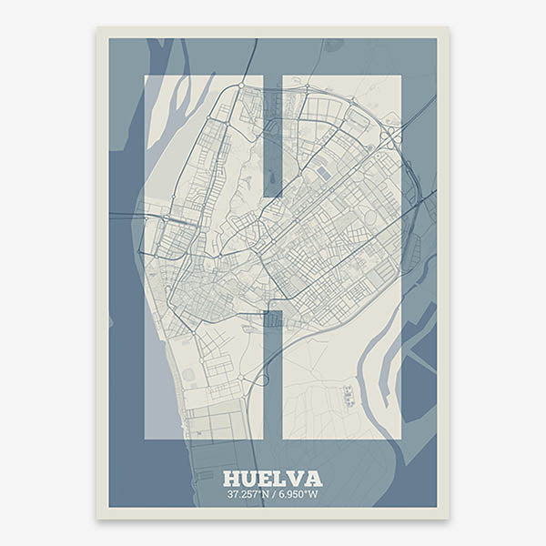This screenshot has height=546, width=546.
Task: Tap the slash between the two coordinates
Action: pos(275,495)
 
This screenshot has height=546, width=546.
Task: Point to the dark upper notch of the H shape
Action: pos(273,136)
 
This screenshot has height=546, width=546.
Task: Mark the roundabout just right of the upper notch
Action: pos(306,88)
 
